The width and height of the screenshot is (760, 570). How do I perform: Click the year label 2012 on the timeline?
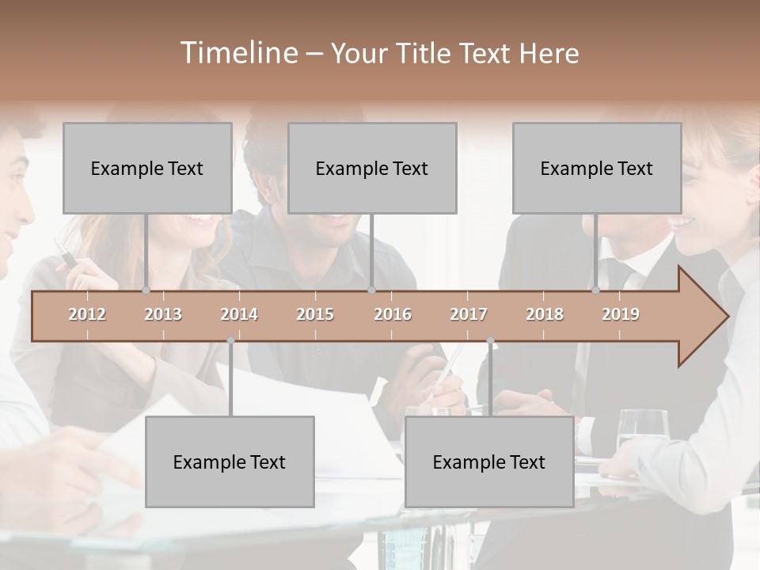pos(87,314)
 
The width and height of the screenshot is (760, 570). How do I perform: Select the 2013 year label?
pos(163,314)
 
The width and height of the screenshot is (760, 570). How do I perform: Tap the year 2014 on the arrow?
pos(239,314)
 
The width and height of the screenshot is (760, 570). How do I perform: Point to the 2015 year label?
pos(315,314)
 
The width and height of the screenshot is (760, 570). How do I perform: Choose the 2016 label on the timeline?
pos(393,314)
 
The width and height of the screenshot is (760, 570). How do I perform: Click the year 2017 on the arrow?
pos(469,314)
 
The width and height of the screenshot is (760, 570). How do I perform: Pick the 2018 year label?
pos(545,314)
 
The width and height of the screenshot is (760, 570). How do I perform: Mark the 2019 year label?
pos(621,314)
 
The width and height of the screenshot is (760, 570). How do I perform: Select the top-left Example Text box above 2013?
pos(147,168)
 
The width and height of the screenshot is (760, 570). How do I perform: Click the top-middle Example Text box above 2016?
pos(372,168)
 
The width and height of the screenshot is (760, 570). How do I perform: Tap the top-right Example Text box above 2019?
pos(597,168)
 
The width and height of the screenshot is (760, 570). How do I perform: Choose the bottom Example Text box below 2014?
pos(230,462)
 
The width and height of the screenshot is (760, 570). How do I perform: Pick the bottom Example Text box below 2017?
pos(489,462)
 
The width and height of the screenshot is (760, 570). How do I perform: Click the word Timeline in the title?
pos(237,53)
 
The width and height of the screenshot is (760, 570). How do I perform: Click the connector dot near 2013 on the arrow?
pos(146,291)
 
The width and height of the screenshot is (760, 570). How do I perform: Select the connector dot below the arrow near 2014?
pos(230,340)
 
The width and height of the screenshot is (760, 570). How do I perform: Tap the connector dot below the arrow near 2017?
pos(490,340)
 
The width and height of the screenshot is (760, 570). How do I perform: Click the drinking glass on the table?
pos(642,431)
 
